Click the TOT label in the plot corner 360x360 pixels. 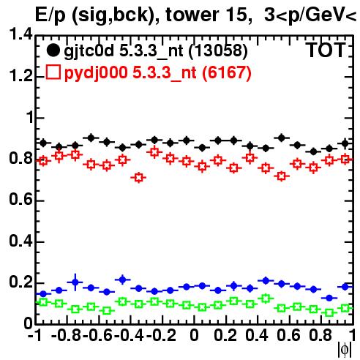click(x=326, y=50)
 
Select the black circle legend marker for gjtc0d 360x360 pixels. click(x=53, y=50)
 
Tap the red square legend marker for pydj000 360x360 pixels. click(x=53, y=72)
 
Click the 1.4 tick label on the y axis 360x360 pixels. click(x=20, y=34)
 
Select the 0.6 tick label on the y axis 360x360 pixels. click(x=20, y=199)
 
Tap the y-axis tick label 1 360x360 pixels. click(x=30, y=117)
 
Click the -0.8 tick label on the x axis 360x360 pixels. click(x=67, y=336)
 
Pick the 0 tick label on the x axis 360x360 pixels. click(x=194, y=336)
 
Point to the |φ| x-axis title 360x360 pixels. click(x=345, y=350)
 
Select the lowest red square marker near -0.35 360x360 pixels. click(x=138, y=178)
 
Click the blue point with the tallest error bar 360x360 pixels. click(x=75, y=282)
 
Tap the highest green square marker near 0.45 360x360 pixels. click(x=266, y=299)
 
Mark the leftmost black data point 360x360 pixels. click(x=43, y=143)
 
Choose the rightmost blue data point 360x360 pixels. click(x=345, y=287)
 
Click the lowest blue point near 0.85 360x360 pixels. click(x=329, y=298)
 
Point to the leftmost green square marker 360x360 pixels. click(x=43, y=302)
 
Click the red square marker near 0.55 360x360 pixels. click(x=282, y=176)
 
